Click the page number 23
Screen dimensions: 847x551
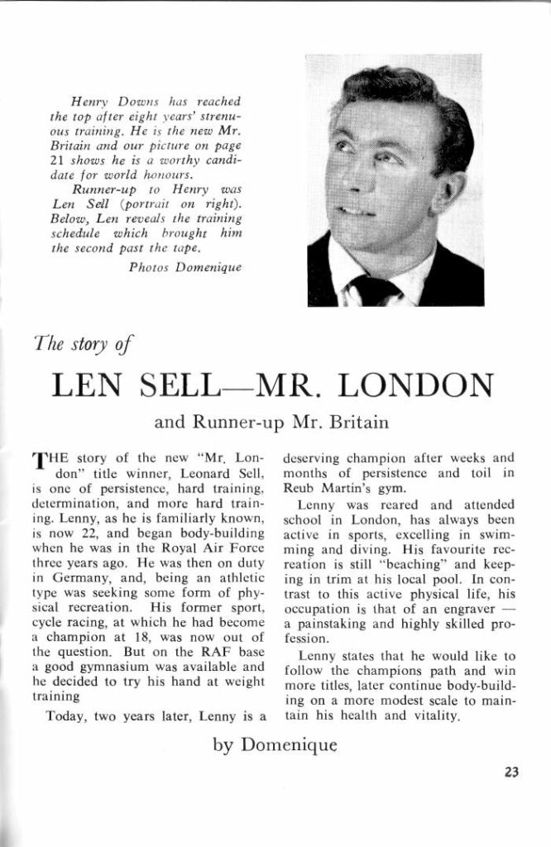pyautogui.click(x=510, y=773)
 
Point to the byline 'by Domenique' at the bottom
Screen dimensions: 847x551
pyautogui.click(x=275, y=744)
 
